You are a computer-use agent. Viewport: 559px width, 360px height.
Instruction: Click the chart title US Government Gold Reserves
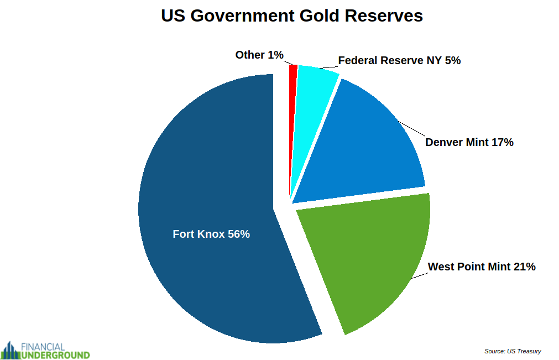tap(291, 15)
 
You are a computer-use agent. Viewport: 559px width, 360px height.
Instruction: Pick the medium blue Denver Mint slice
tap(365, 149)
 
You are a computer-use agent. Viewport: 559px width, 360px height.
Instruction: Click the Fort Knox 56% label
tap(211, 234)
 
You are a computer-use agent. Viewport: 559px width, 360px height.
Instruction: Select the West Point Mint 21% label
tap(482, 267)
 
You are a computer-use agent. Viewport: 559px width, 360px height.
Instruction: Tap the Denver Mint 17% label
tap(469, 142)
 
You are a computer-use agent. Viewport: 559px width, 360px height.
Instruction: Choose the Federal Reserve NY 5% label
tap(399, 60)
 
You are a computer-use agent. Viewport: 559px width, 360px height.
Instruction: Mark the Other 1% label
tap(259, 55)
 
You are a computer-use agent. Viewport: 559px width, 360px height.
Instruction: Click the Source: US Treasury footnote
tap(512, 351)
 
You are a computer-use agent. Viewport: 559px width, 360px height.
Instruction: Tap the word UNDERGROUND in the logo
tap(55, 354)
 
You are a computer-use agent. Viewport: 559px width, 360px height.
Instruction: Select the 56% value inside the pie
tap(239, 234)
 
